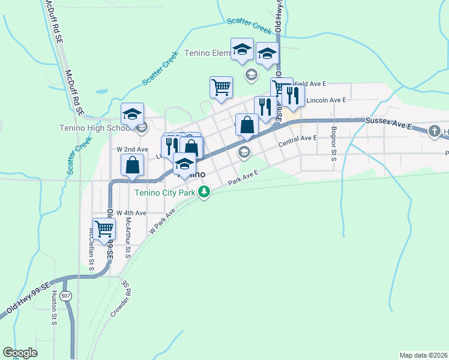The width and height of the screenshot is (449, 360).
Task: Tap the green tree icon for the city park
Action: click(205, 193)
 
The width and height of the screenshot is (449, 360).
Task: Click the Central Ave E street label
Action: click(298, 139)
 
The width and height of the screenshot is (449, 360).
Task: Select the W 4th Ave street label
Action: click(131, 213)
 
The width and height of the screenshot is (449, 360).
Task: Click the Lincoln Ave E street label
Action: click(326, 101)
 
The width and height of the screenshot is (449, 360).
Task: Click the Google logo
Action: click(20, 353)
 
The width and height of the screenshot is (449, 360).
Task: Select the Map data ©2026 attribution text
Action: click(424, 355)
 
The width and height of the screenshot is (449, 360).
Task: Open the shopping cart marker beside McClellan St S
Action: click(104, 229)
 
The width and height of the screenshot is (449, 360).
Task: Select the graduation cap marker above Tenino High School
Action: click(133, 113)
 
